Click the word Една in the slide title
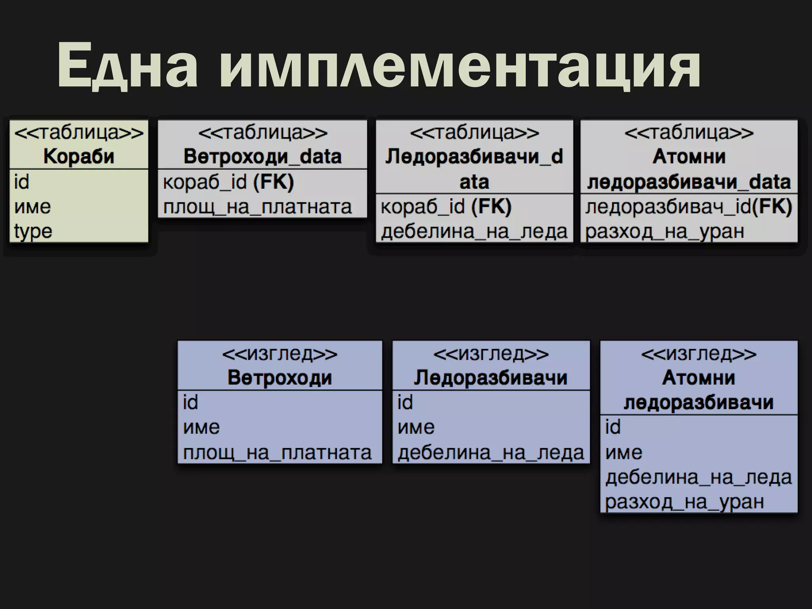click(127, 65)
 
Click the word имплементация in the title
click(460, 65)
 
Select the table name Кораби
click(79, 156)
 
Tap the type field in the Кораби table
click(33, 231)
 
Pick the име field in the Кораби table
click(33, 207)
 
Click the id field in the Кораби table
click(21, 182)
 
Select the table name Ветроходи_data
click(262, 156)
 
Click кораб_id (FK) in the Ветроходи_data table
click(228, 182)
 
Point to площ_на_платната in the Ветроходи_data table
click(257, 207)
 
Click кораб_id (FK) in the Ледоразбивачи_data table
click(446, 207)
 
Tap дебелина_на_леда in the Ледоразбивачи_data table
click(474, 231)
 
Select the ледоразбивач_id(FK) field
click(689, 207)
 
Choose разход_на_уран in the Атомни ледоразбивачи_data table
click(665, 231)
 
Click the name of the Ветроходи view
click(280, 377)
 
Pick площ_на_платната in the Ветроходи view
click(277, 452)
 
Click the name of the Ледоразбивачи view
click(491, 377)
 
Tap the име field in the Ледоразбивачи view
click(416, 427)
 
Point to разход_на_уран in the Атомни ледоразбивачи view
click(684, 502)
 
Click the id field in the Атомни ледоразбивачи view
click(613, 427)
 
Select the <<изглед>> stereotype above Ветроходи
click(280, 354)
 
